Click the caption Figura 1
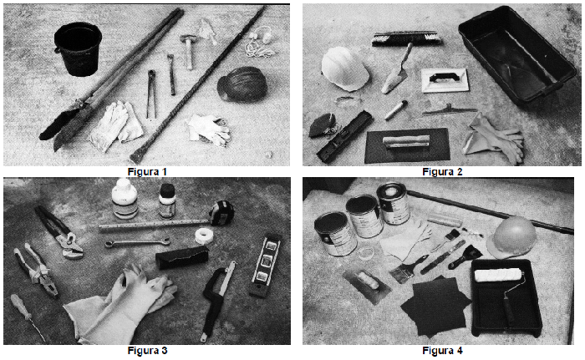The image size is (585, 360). click(x=147, y=171)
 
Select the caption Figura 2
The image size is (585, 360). click(x=442, y=171)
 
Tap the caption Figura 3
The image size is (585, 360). click(x=147, y=351)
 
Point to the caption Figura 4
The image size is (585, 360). click(x=442, y=351)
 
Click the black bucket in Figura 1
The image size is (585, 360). click(x=78, y=48)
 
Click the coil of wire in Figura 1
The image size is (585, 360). click(x=242, y=84)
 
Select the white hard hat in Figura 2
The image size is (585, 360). click(x=344, y=69)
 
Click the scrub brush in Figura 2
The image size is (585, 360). click(x=407, y=38)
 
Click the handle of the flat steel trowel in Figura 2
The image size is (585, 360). click(x=406, y=142)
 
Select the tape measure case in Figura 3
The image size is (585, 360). click(x=221, y=212)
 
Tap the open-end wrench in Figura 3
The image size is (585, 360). click(x=137, y=243)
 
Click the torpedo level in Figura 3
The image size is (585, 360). click(x=264, y=266)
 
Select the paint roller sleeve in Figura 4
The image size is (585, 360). click(x=498, y=275)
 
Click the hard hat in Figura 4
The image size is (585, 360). click(x=511, y=236)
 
